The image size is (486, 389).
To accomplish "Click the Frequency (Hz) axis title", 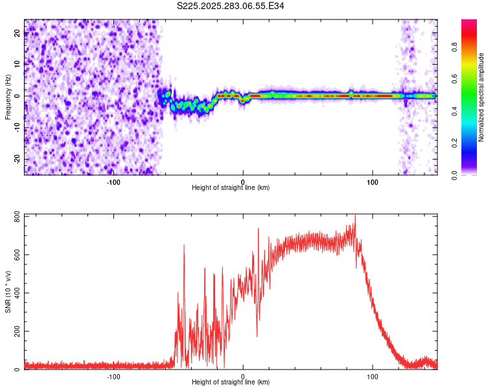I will pyautogui.click(x=7, y=96).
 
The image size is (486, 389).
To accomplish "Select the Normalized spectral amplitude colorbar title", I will pyautogui.click(x=481, y=98).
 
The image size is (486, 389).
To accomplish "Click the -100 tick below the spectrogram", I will pyautogui.click(x=113, y=181).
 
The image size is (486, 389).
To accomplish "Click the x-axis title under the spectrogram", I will pyautogui.click(x=231, y=187).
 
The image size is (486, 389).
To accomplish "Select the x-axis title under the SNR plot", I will pyautogui.click(x=231, y=382).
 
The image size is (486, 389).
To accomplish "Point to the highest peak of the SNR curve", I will pyautogui.click(x=355, y=215).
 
